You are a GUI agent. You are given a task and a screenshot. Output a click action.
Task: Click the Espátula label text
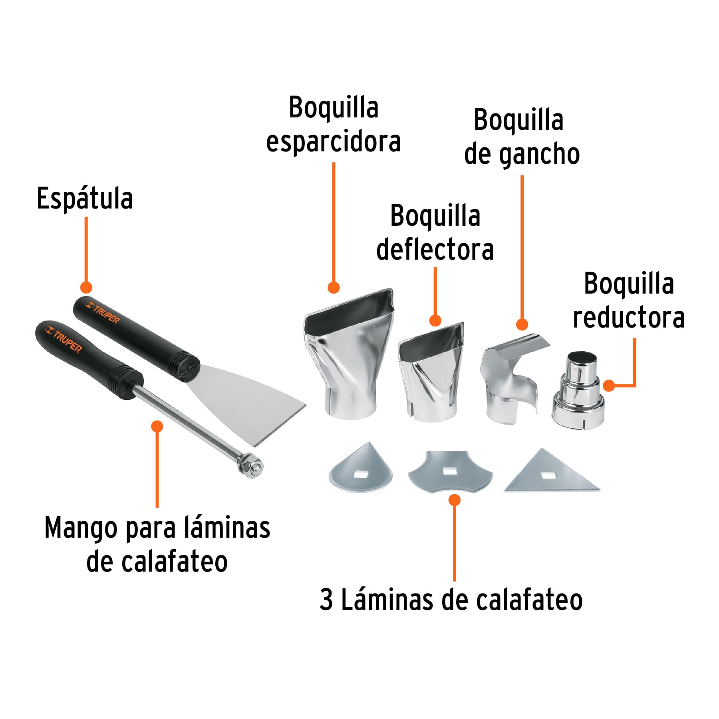pos(85,199)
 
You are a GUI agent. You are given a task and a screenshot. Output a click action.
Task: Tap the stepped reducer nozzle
pos(579,391)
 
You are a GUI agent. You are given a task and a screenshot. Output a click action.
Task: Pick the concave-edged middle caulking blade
pos(450,471)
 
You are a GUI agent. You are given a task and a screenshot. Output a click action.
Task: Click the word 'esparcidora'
pos(333,142)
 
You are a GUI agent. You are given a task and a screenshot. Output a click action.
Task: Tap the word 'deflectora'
pos(435,250)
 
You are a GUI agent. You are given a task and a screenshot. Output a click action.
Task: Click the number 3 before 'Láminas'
pos(326,600)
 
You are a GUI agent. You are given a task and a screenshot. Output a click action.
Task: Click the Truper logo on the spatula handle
pos(103,313)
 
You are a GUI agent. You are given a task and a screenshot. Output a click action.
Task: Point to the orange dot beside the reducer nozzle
pos(609,385)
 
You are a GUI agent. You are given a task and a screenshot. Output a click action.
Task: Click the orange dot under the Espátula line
pos(86,287)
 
